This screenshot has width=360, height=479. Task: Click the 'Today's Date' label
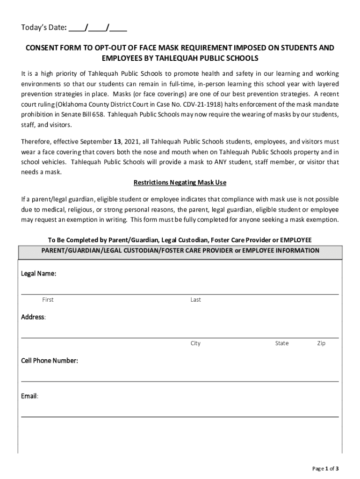[43, 28]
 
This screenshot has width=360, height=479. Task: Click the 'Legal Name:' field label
[39, 274]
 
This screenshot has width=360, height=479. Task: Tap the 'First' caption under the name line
[48, 300]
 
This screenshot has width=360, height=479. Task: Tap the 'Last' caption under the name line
[195, 300]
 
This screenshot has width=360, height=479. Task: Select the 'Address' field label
[33, 317]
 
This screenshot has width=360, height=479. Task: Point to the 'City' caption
[195, 343]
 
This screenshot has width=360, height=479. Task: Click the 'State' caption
[282, 343]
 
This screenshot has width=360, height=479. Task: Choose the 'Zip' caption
[321, 343]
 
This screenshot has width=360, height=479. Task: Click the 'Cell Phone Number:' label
[50, 361]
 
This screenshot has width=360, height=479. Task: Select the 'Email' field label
[29, 396]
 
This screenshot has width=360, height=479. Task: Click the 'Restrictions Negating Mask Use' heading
[180, 182]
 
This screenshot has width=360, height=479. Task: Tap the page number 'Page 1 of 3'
[325, 468]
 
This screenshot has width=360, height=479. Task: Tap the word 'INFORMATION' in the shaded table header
[297, 251]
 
